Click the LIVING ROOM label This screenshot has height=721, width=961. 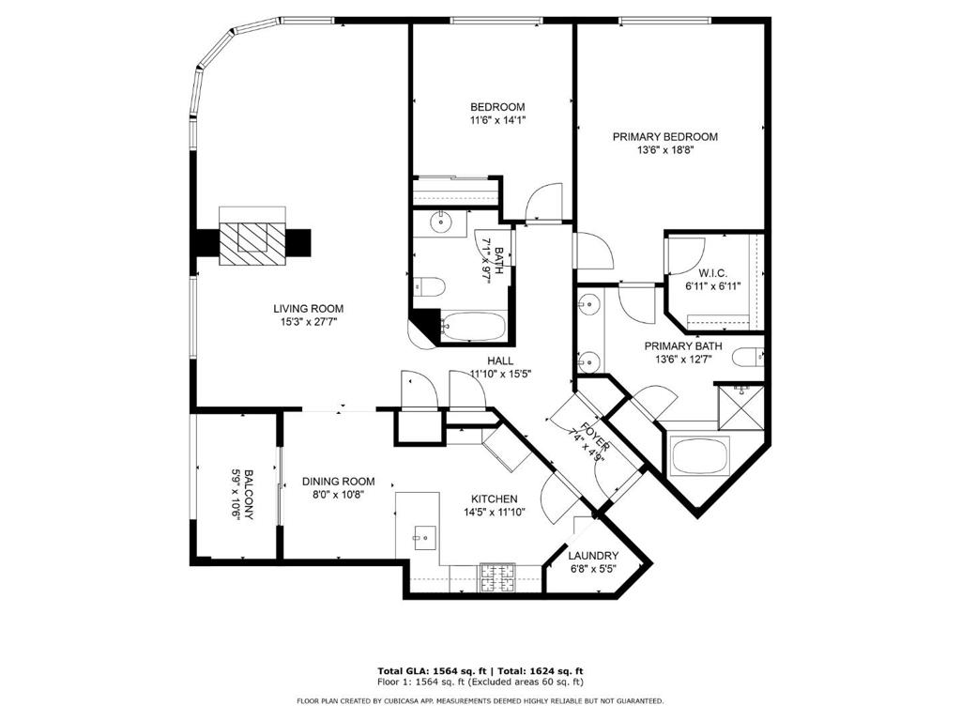[x=308, y=309]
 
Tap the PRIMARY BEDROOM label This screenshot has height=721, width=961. [x=665, y=137]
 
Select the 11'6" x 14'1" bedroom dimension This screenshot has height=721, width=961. [x=498, y=121]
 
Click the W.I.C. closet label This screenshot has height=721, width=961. [x=713, y=273]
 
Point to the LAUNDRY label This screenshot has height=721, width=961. [x=593, y=556]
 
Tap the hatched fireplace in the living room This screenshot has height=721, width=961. [x=252, y=244]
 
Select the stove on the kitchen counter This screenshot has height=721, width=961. [x=497, y=578]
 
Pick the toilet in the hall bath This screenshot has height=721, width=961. [x=428, y=286]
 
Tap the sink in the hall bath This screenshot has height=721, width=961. [x=440, y=222]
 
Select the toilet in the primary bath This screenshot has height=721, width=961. [x=748, y=357]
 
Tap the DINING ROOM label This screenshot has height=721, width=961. [x=338, y=482]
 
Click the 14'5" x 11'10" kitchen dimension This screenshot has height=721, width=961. [x=495, y=514]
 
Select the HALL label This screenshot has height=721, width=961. [x=501, y=361]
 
